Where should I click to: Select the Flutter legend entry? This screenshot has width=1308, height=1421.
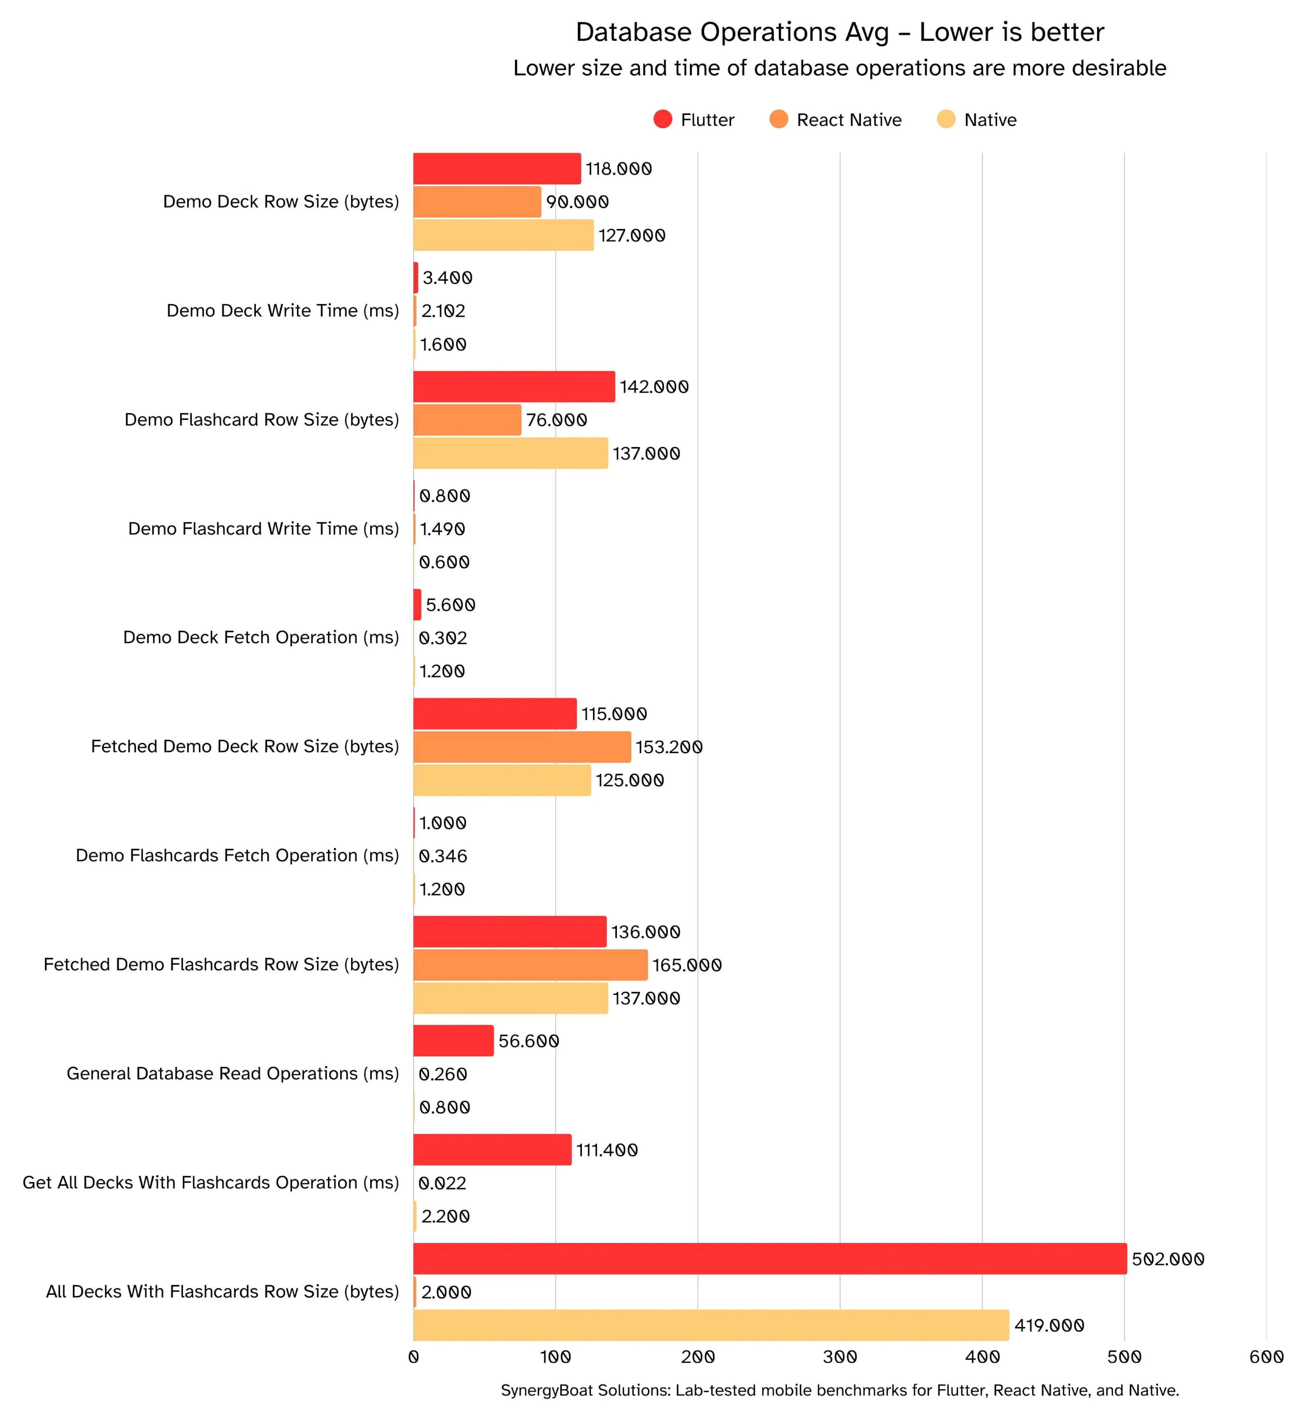(x=694, y=120)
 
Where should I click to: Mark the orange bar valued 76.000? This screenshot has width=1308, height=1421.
(x=467, y=420)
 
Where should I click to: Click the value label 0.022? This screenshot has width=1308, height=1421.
(x=442, y=1183)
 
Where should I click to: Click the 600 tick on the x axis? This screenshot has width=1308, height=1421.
(x=1266, y=1357)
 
